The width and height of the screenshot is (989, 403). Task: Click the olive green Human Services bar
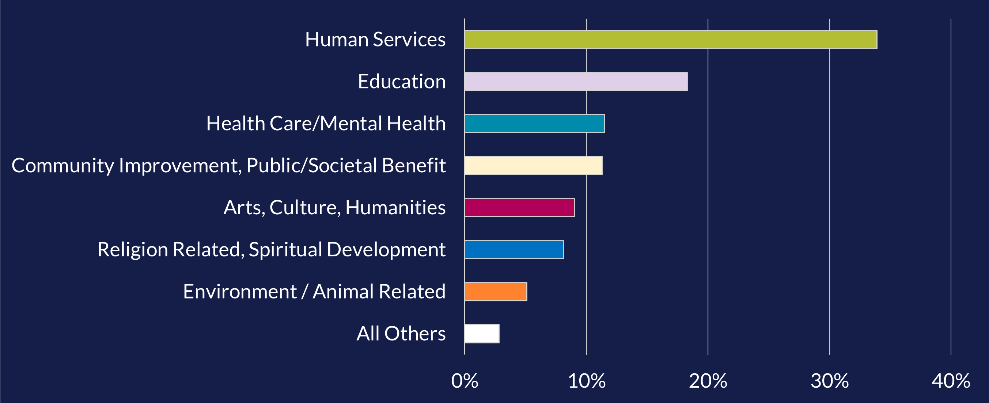671,39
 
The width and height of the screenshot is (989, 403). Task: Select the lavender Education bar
576,82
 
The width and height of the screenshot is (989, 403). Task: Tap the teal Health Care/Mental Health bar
534,123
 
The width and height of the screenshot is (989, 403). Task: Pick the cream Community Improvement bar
533,166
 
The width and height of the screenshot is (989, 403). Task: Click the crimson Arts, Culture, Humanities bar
519,207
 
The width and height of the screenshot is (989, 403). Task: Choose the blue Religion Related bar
514,250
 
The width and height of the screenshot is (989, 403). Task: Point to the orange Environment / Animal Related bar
496,291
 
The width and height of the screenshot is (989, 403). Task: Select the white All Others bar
482,334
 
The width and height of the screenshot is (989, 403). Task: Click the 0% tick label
465,381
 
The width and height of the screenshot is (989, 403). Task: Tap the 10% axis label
586,381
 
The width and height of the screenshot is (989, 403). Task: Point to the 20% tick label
708,381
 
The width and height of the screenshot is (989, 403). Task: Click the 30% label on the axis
829,381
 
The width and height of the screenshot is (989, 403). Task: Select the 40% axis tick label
951,381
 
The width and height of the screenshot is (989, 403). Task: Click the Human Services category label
375,39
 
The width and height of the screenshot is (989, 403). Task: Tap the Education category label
402,82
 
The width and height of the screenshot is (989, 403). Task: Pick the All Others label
401,334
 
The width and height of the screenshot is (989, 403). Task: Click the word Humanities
395,207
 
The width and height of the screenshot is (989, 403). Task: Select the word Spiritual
285,250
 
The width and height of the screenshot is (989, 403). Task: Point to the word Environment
239,291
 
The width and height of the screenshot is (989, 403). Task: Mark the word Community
62,166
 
